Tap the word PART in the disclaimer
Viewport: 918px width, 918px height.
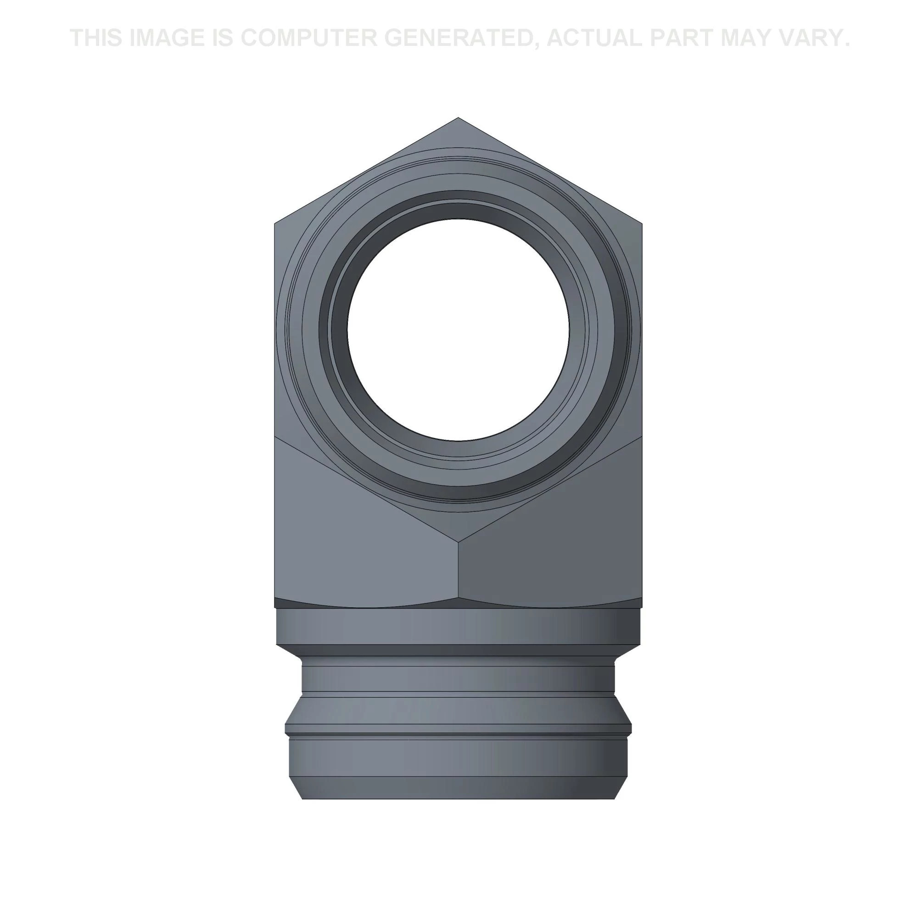coord(681,38)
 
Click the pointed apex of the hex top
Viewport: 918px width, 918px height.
coord(458,118)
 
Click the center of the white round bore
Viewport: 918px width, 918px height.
coord(459,330)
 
